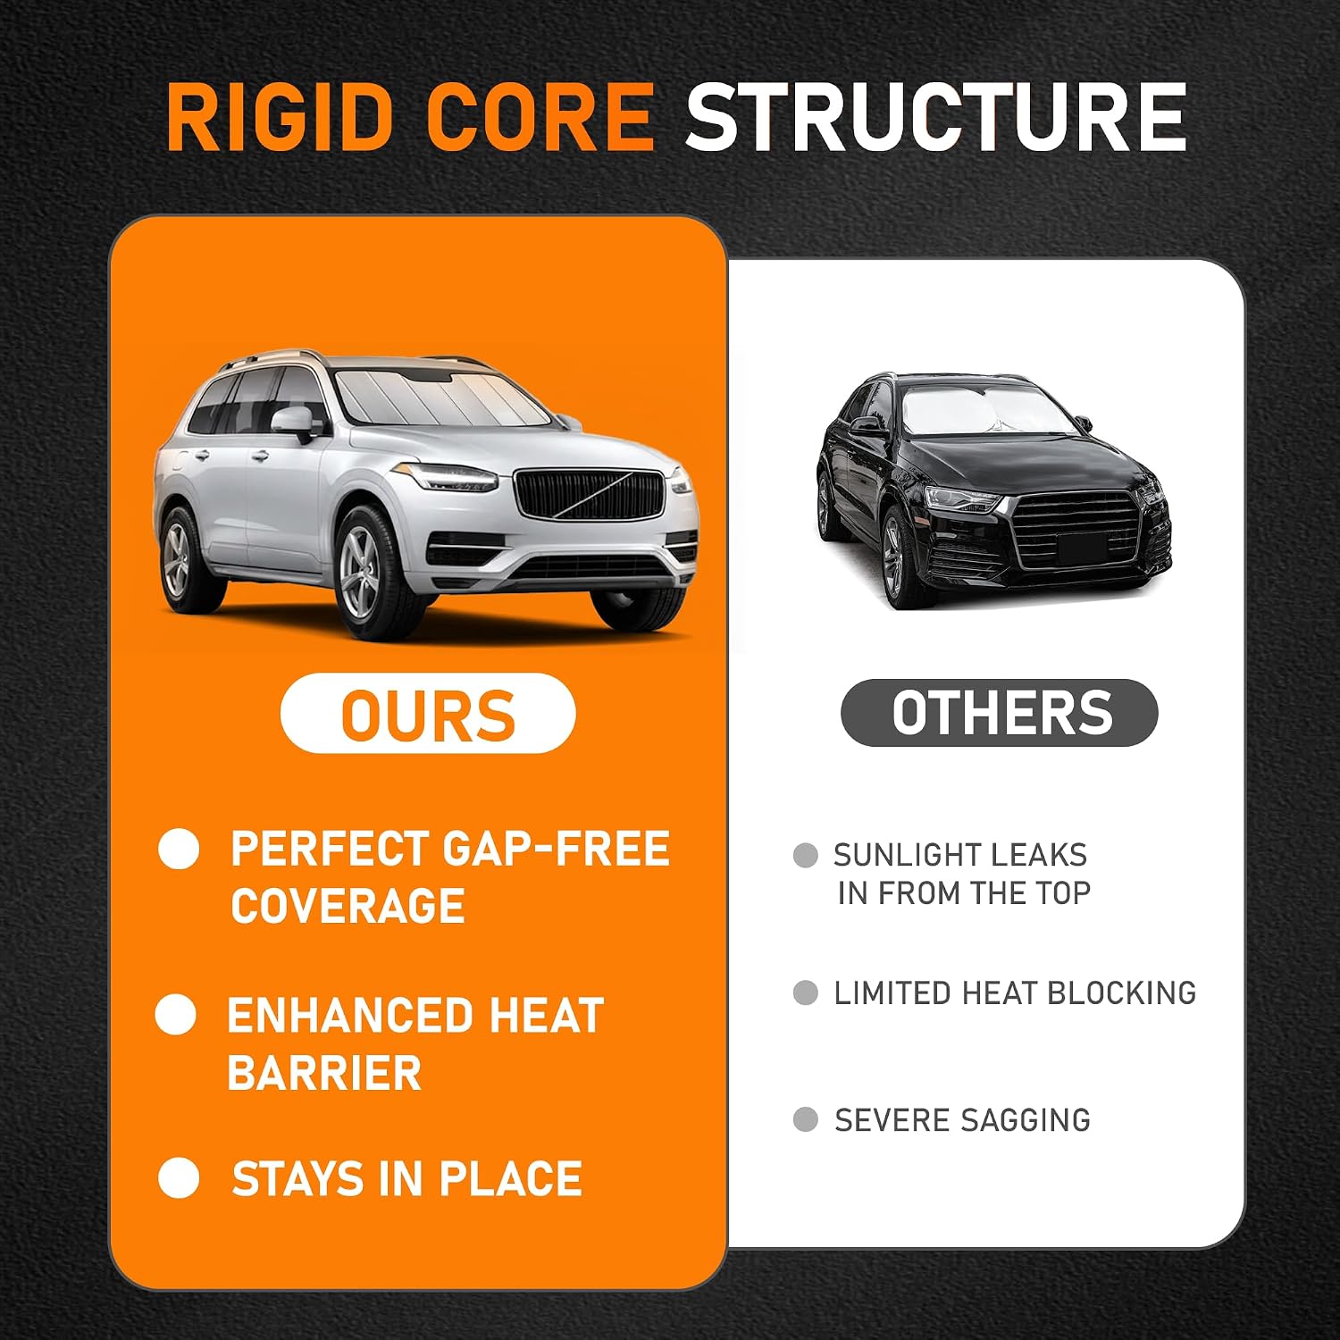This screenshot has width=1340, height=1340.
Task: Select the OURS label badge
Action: coord(428,713)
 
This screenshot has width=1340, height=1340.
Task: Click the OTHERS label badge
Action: coord(1000,712)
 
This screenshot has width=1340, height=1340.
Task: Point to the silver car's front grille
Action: coord(590,495)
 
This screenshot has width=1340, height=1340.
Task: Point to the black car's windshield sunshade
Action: coord(983,410)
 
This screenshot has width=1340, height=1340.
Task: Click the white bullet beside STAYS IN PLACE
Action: coord(179,1177)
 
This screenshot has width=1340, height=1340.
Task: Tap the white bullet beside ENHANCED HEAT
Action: coord(176,1016)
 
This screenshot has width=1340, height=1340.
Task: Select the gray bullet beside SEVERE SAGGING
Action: coord(806,1119)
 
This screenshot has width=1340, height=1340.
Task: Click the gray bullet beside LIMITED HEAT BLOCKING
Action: coord(806,992)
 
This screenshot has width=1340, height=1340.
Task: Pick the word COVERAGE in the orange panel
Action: coord(348,905)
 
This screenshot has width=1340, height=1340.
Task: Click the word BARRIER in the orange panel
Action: coord(323,1072)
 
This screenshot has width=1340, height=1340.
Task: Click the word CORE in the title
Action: coord(540,117)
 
